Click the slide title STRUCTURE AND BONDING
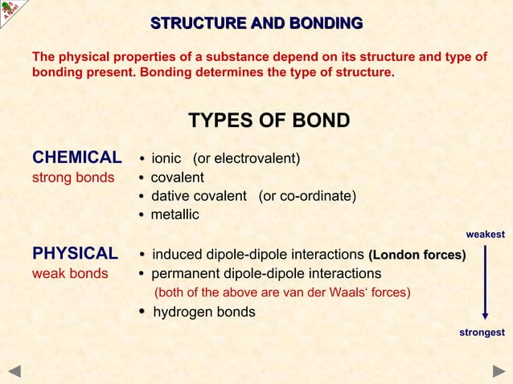coord(256,22)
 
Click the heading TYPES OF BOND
coord(269,121)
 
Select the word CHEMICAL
coord(76,157)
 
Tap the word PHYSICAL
coord(75,255)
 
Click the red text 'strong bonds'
coord(72,178)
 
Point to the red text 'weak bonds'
coord(69,274)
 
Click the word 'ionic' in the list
coord(166,158)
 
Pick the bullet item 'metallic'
coord(174,214)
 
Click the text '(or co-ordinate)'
coord(307,196)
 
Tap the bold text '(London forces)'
coord(417,255)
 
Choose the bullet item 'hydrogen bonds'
coord(203,312)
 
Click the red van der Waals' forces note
coord(282,292)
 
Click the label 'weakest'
coord(485,235)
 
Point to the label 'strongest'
coord(482,333)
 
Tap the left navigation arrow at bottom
coord(14,371)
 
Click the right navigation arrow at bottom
coord(499,371)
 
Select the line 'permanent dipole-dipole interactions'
coord(266,274)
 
